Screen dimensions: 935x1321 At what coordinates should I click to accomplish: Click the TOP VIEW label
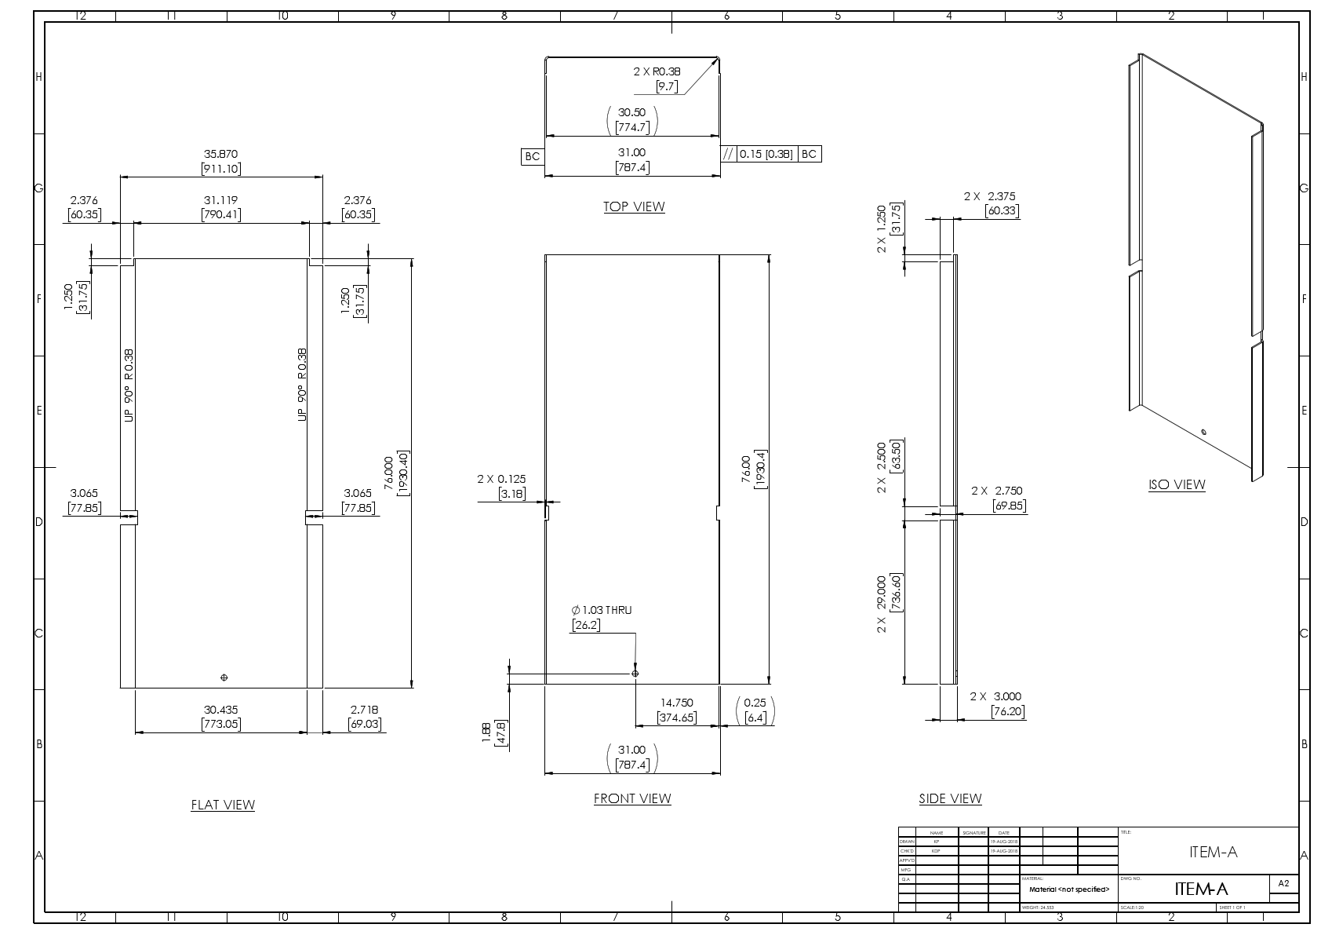[633, 206]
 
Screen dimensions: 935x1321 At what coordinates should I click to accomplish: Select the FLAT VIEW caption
[223, 805]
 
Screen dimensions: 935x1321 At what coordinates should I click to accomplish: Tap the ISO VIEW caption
[1176, 484]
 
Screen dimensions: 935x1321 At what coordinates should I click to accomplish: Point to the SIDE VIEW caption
[950, 798]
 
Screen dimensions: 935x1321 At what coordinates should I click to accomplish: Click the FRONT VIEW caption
[632, 798]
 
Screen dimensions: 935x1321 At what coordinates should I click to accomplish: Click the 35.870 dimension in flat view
[220, 155]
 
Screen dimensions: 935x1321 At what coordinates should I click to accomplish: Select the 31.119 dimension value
[220, 200]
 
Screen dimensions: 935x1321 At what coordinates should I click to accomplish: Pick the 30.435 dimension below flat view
[220, 710]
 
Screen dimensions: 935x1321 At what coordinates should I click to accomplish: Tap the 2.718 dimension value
[365, 710]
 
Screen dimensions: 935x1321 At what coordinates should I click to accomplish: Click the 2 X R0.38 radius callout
[657, 71]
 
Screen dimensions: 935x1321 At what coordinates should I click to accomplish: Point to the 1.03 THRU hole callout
[602, 610]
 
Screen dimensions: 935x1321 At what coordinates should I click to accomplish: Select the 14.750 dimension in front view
[676, 703]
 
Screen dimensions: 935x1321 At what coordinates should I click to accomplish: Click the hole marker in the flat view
[224, 677]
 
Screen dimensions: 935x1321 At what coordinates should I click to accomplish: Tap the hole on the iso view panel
[1203, 431]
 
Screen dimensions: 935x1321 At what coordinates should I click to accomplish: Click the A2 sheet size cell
[1283, 883]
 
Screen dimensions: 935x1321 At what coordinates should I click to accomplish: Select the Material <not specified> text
[1068, 889]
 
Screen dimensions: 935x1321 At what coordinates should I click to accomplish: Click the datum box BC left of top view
[532, 156]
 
